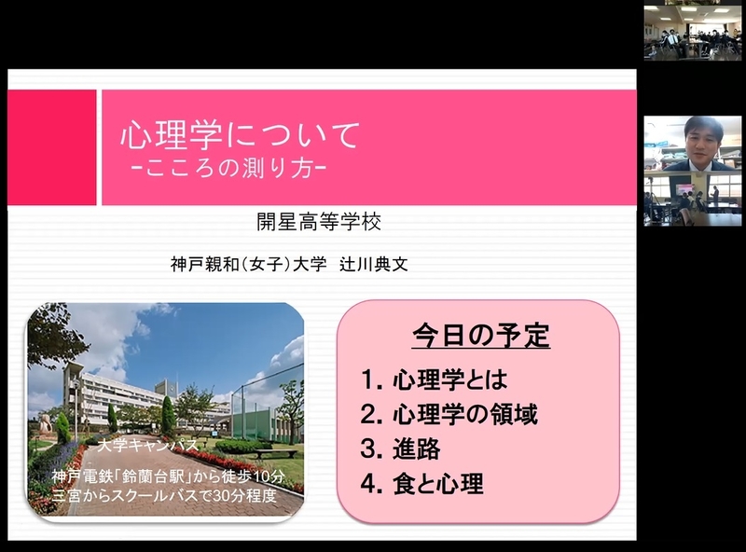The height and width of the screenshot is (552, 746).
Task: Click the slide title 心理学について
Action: coord(241,135)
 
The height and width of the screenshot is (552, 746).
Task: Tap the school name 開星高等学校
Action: coord(319,222)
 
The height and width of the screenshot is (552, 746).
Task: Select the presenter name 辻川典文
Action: coord(374,264)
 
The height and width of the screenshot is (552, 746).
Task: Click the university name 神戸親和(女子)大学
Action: coord(249,264)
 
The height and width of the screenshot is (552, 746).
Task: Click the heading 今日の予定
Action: coord(481,335)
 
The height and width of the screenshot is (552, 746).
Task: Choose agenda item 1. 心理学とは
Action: coord(435,379)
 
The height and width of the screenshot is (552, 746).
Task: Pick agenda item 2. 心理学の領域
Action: coord(449,414)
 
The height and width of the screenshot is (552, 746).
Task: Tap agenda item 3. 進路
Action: coord(401,448)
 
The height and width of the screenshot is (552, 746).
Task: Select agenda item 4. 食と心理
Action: coord(422,484)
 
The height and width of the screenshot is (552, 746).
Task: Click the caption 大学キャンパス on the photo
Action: coord(148,445)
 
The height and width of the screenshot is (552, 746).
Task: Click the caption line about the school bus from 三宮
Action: coord(165,495)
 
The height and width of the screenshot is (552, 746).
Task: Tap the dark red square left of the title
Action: coord(52,147)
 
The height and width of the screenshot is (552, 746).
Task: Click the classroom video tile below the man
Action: coord(693,199)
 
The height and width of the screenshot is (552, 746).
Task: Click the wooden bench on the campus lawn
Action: coord(269,453)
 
